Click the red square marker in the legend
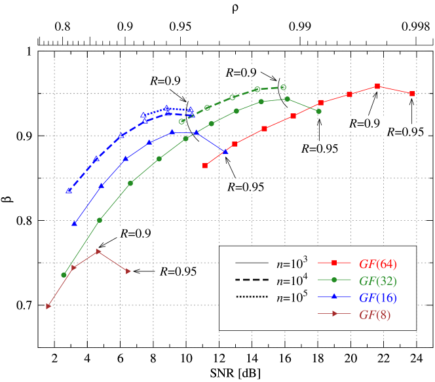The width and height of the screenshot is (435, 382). tap(334, 263)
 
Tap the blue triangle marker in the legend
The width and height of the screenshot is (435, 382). tap(334, 297)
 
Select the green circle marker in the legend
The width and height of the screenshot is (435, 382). tap(334, 280)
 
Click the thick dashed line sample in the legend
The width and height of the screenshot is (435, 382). tap(252, 280)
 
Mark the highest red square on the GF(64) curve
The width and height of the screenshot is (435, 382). tap(377, 86)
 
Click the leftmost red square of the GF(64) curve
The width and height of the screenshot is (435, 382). tap(205, 165)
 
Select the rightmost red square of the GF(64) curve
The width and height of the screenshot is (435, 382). tap(412, 94)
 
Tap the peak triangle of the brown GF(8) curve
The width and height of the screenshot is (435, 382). tap(98, 251)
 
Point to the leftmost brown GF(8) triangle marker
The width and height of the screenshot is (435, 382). tap(48, 306)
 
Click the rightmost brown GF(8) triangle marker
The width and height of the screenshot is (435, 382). tap(128, 271)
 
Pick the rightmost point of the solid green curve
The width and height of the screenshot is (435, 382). tap(318, 111)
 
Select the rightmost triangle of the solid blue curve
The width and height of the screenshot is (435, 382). tap(226, 151)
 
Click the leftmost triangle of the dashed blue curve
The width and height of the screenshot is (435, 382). tap(68, 191)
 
